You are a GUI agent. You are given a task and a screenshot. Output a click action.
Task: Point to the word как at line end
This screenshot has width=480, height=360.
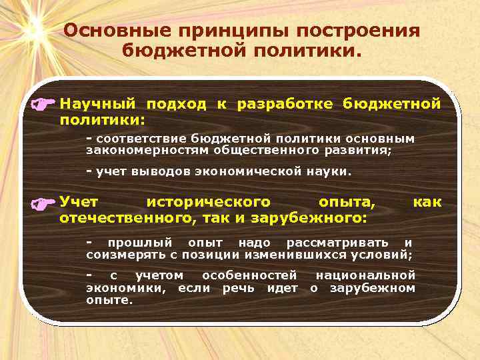[x=427, y=201]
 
